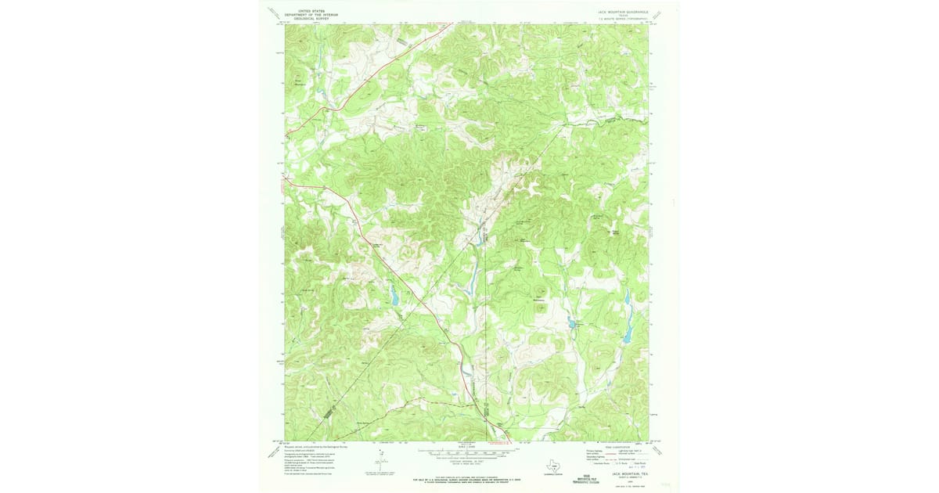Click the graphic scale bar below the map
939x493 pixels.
(x=467, y=452)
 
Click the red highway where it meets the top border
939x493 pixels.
(x=452, y=25)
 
